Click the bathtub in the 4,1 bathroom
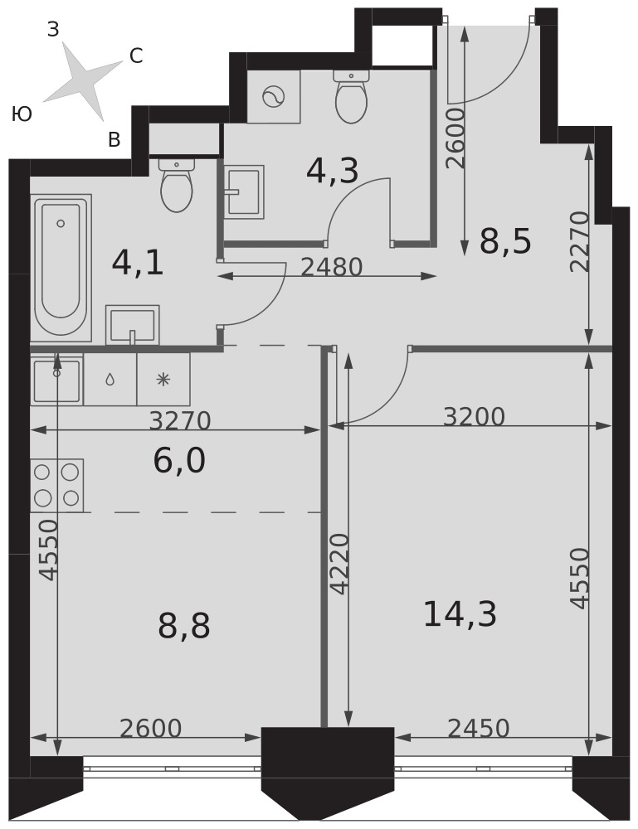(61, 268)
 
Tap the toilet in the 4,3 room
(351, 97)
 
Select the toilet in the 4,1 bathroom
(176, 186)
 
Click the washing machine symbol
(274, 97)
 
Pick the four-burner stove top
(57, 485)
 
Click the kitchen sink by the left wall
(56, 380)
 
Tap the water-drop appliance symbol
(110, 380)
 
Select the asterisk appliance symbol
(163, 380)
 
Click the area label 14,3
(460, 614)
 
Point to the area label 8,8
(183, 625)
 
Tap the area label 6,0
(179, 460)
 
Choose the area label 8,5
(504, 241)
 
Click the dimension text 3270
(180, 421)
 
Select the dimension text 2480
(331, 267)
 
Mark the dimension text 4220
(339, 564)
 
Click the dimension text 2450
(478, 728)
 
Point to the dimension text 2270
(580, 241)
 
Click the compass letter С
(136, 56)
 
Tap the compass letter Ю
(22, 114)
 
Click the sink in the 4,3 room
(244, 192)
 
